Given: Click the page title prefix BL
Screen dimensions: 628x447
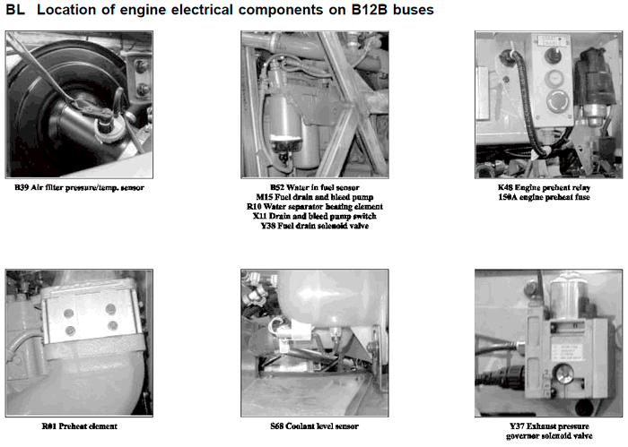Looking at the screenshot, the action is click(15, 10).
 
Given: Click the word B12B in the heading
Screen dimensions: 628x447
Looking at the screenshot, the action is click(370, 10).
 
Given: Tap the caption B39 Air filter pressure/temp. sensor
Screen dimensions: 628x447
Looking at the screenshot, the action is click(79, 187).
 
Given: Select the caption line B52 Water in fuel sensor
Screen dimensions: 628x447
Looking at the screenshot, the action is click(315, 187).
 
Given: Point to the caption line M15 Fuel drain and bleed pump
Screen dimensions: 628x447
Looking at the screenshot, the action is click(315, 197).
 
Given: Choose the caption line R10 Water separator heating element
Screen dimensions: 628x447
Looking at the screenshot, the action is click(315, 207).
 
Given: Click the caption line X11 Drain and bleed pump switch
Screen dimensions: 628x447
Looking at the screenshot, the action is click(315, 216).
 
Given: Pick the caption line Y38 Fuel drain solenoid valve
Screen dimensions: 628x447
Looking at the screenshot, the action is click(315, 226).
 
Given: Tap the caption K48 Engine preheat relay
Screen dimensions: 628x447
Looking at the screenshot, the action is click(545, 187).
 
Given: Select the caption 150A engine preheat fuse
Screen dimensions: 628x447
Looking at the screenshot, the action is click(545, 197).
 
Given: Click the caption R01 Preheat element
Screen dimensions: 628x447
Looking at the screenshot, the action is click(79, 426).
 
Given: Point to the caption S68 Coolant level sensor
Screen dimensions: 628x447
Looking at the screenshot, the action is click(314, 426).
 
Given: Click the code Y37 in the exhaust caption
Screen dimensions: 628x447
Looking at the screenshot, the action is click(517, 426).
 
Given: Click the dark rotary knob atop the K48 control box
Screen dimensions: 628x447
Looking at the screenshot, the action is click(554, 56).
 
